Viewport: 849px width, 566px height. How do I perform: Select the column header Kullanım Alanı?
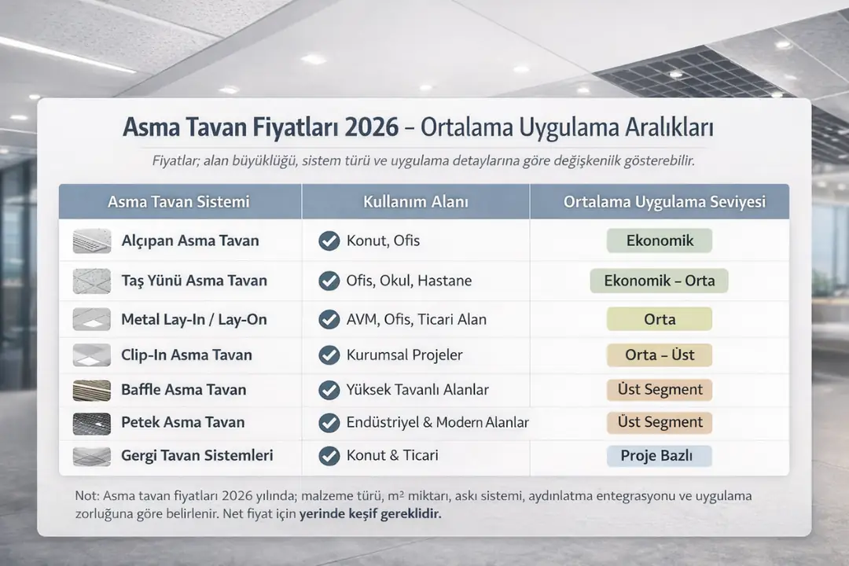[x=416, y=202]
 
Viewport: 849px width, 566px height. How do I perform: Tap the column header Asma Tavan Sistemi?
[x=178, y=202]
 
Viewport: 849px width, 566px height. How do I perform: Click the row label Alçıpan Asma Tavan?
[x=190, y=241]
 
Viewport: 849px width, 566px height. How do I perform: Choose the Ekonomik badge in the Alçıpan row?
[x=660, y=241]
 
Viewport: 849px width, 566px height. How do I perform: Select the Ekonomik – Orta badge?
[x=660, y=280]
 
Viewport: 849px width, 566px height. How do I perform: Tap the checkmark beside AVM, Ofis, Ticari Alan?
[x=329, y=319]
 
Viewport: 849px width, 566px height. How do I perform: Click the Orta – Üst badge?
[x=660, y=355]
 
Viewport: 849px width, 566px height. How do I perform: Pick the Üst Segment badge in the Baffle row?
[x=660, y=389]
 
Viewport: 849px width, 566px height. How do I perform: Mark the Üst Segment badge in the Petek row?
[x=660, y=422]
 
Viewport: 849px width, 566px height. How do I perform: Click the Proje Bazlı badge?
[x=660, y=456]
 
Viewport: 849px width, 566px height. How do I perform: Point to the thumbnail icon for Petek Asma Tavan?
[x=92, y=423]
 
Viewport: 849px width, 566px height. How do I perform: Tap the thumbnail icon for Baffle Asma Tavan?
[x=92, y=390]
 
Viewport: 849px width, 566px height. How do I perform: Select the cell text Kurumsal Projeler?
[x=404, y=355]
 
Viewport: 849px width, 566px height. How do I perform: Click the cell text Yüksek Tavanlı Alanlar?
[x=417, y=390]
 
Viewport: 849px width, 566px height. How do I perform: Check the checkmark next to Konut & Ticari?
[x=329, y=455]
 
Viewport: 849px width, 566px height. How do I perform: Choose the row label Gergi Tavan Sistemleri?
[x=197, y=455]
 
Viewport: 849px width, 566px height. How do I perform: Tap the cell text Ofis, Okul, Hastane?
[x=409, y=281]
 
